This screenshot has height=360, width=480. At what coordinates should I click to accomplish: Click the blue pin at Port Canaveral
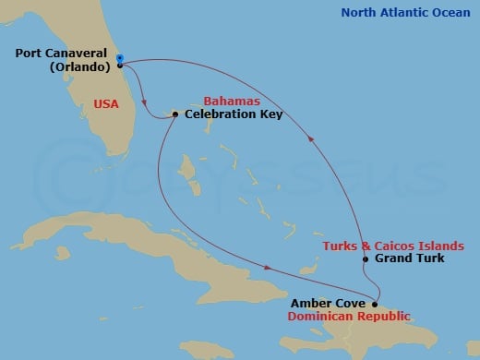click(120, 59)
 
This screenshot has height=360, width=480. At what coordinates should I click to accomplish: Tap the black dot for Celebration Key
click(175, 114)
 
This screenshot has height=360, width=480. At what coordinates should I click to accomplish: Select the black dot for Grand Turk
click(366, 259)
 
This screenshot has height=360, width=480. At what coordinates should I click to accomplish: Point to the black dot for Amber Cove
click(375, 304)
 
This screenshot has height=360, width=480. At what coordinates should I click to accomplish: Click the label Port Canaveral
click(65, 54)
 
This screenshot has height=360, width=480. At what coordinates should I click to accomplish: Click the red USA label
click(106, 104)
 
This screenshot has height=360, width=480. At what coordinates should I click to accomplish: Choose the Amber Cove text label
click(329, 303)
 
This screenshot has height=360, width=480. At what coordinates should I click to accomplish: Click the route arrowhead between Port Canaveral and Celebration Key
click(144, 102)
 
